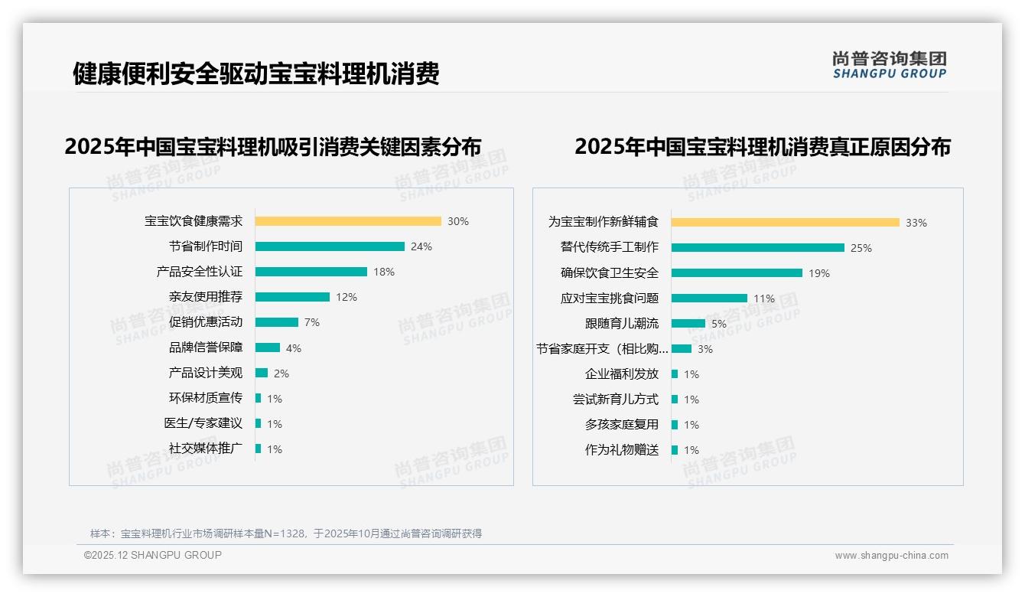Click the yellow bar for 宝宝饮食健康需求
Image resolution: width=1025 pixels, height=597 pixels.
pyautogui.click(x=348, y=221)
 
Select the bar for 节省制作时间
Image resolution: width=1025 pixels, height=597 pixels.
pyautogui.click(x=330, y=246)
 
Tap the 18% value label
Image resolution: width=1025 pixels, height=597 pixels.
pyautogui.click(x=384, y=272)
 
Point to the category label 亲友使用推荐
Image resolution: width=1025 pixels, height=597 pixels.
pyautogui.click(x=205, y=297)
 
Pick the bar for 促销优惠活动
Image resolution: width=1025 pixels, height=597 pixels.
pyautogui.click(x=277, y=322)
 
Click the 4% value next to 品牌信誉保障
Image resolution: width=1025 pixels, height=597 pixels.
pyautogui.click(x=294, y=348)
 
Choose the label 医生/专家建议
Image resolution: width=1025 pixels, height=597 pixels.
pyautogui.click(x=203, y=423)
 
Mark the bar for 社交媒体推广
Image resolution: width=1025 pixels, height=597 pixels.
pyautogui.click(x=259, y=449)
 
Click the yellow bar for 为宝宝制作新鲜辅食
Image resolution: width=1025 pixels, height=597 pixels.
pyautogui.click(x=786, y=223)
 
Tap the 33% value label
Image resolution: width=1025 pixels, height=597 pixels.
pyautogui.click(x=916, y=223)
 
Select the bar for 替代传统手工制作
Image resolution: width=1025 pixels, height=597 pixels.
pyautogui.click(x=758, y=248)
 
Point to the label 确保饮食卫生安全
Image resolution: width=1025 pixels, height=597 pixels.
pyautogui.click(x=609, y=273)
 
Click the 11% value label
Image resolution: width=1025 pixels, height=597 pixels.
pyautogui.click(x=764, y=298)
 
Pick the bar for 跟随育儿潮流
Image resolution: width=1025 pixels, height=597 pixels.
pyautogui.click(x=688, y=324)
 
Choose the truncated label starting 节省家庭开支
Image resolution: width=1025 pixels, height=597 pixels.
pyautogui.click(x=602, y=349)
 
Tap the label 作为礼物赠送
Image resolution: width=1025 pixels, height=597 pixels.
pyautogui.click(x=621, y=450)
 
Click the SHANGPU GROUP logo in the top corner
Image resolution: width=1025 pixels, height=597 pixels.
pyautogui.click(x=890, y=65)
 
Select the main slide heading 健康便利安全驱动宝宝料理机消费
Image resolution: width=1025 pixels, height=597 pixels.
pyautogui.click(x=255, y=74)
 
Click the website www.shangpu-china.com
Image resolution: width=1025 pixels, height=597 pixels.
pyautogui.click(x=891, y=556)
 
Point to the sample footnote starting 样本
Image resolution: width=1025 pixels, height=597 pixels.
pyautogui.click(x=286, y=533)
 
